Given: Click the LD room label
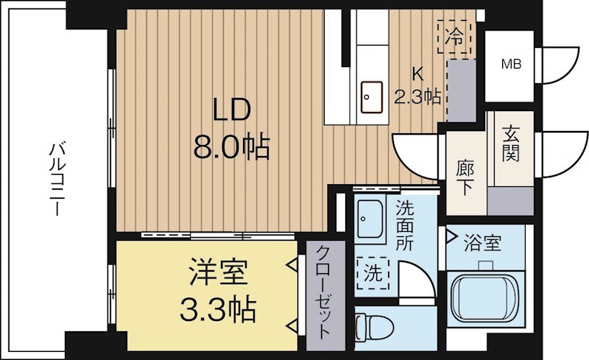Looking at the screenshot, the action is (231, 110).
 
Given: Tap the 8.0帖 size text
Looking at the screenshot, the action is (231, 147).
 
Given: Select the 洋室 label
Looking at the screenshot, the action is (218, 272).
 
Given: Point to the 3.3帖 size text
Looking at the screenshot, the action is (218, 309).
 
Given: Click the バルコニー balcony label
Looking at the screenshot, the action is (57, 179).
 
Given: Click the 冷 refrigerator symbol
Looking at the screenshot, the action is (454, 38).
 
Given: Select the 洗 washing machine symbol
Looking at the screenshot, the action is (373, 273).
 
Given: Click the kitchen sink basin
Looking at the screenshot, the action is (372, 97).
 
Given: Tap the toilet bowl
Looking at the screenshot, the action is (374, 328).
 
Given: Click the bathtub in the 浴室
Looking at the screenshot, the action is (484, 297).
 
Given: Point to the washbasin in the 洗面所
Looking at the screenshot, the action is (370, 219).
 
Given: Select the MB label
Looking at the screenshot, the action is (512, 64).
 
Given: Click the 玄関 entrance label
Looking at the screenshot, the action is (511, 144).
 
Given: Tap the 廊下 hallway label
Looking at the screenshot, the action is (465, 177).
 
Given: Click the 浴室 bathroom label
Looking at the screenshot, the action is (483, 242).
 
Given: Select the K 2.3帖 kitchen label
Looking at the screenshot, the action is (417, 86).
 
